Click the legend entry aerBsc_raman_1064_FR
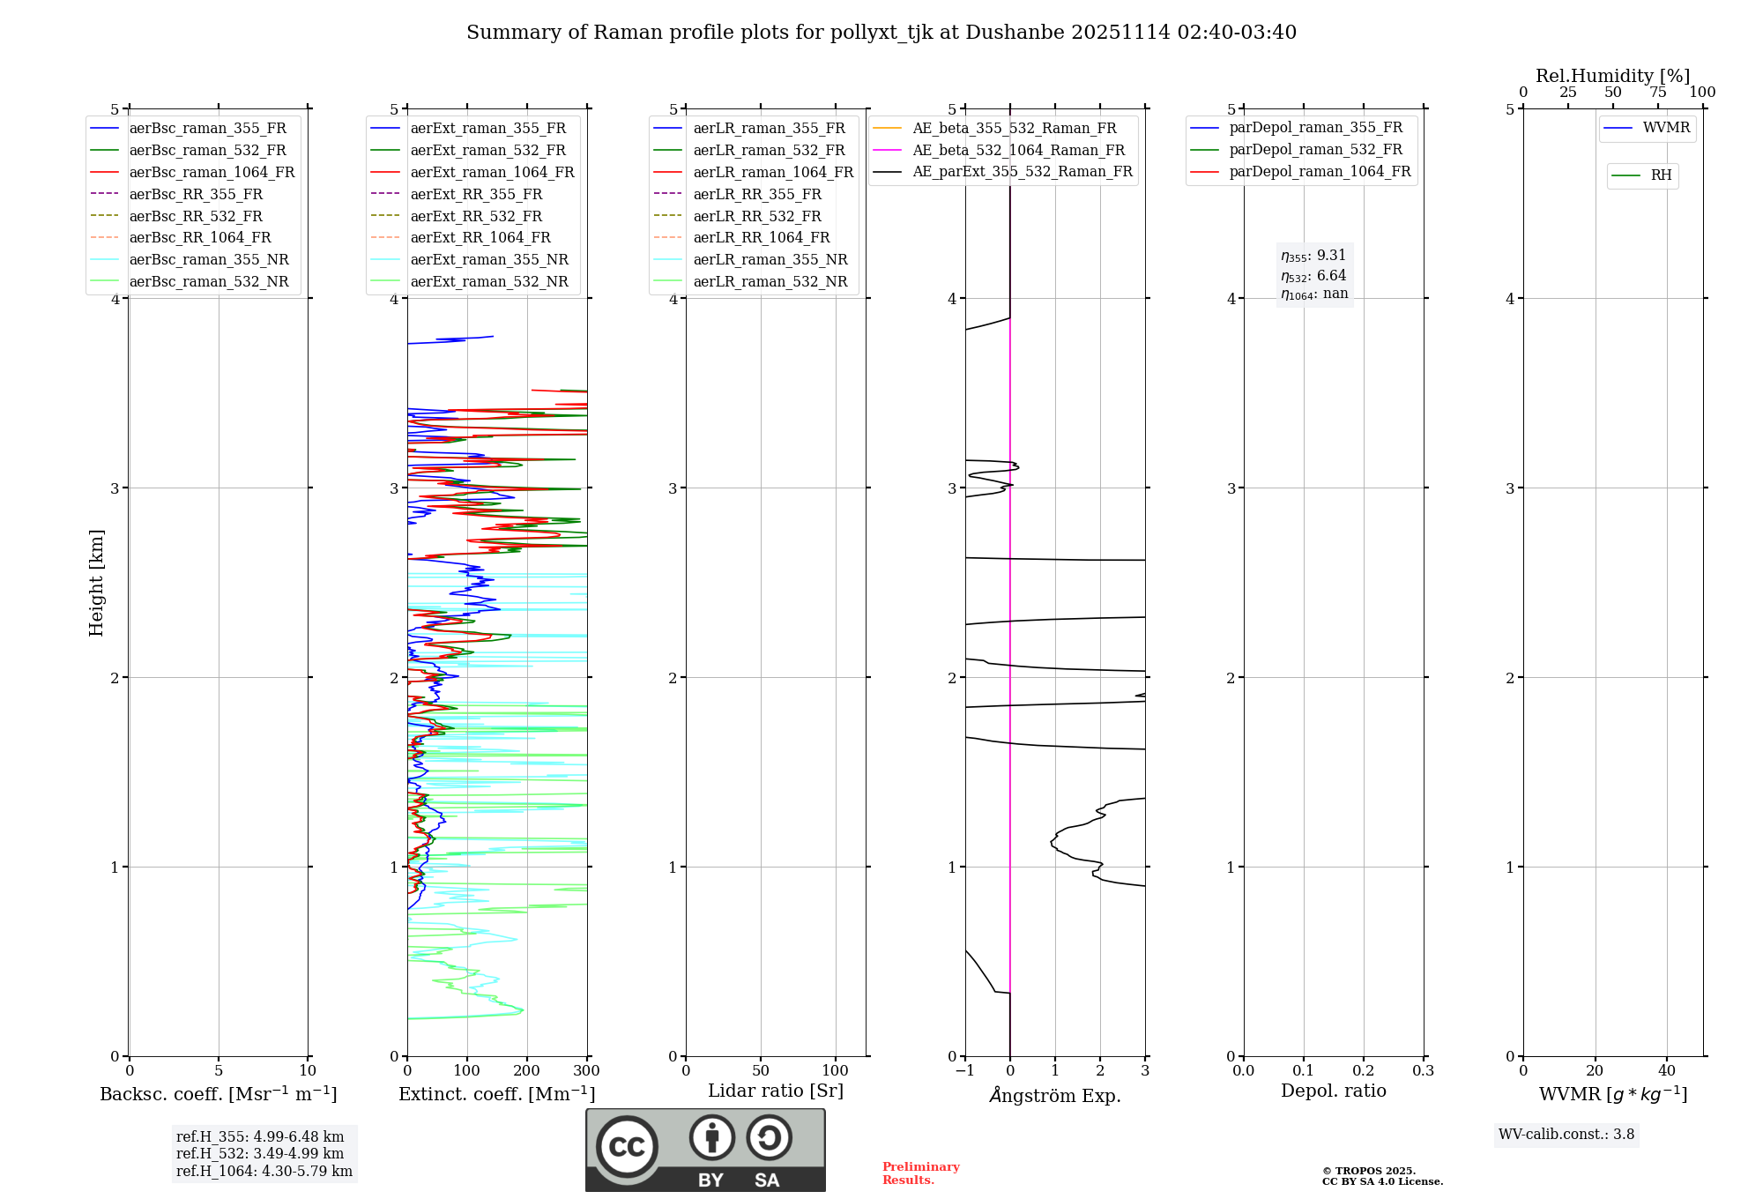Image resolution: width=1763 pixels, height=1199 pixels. pos(212,172)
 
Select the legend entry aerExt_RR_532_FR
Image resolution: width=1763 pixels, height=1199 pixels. pos(476,216)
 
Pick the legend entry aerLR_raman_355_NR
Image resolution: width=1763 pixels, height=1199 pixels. pos(770,259)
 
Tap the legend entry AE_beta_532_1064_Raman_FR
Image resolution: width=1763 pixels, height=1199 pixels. pos(1018,150)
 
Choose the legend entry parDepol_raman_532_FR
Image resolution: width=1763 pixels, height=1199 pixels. pos(1315,150)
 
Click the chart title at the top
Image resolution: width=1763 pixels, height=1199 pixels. pos(881,33)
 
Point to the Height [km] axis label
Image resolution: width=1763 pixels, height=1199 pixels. pos(96,582)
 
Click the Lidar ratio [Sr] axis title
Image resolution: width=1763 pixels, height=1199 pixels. pos(776,1091)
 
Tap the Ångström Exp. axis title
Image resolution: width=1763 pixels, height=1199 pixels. pos(1055,1095)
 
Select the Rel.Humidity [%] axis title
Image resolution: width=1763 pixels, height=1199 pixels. pos(1612,76)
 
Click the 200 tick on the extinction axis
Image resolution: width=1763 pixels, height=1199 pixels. pos(526,1070)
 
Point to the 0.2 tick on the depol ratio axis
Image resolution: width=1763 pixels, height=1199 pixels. pos(1363,1070)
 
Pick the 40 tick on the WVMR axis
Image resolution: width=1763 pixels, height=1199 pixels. pos(1666,1070)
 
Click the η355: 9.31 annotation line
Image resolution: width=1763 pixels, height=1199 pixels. pos(1313,256)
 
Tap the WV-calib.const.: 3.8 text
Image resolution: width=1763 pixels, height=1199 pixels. pos(1566,1135)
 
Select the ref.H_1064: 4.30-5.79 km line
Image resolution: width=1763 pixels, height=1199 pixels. pos(264,1172)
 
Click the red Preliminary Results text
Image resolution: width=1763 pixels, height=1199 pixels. pos(920,1173)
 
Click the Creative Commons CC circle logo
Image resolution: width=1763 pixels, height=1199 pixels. pos(627,1147)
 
